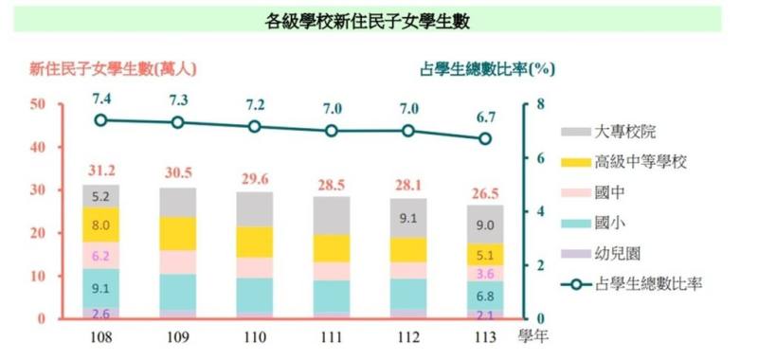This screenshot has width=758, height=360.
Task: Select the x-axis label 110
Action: point(254,335)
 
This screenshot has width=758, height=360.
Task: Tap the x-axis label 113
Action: point(484,335)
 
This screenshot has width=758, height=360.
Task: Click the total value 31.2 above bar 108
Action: point(101,171)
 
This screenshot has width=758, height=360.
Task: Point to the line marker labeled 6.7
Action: point(485,138)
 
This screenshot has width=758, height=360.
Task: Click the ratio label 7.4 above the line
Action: point(101,99)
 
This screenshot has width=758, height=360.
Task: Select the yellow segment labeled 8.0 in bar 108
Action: point(100,225)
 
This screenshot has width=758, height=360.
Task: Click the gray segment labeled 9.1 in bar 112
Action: point(408,218)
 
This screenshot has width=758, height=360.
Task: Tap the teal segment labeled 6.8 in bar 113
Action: point(485,294)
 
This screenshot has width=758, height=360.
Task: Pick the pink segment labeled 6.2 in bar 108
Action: point(100,256)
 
